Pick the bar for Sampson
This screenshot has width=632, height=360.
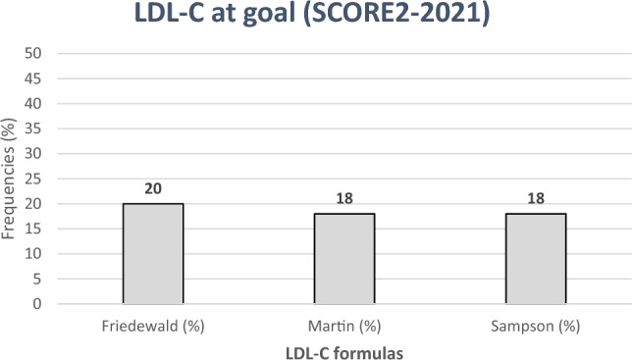[x=535, y=259]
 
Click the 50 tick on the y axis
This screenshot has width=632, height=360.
[x=37, y=54]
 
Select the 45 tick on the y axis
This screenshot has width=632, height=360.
[x=37, y=78]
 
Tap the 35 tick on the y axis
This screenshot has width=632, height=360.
[x=37, y=129]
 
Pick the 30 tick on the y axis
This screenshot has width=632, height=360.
[x=37, y=154]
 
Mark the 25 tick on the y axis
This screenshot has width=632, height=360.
[x=37, y=179]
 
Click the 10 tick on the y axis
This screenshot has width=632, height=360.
[x=37, y=254]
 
